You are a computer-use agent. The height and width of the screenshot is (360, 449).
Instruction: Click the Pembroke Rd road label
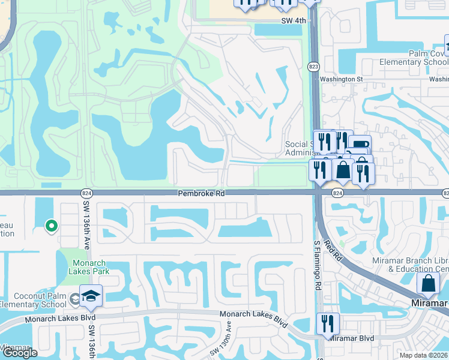[x=201, y=194]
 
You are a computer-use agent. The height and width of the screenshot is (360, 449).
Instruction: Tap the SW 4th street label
[x=294, y=20]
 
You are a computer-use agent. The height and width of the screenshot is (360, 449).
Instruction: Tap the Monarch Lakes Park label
[x=89, y=268]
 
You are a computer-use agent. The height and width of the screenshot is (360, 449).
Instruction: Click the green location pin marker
[x=52, y=226]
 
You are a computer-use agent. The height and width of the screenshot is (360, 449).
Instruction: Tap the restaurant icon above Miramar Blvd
[x=328, y=324]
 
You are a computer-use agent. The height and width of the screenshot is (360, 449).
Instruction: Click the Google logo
[x=20, y=353]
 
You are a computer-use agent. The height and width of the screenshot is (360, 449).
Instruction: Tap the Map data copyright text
[x=424, y=355]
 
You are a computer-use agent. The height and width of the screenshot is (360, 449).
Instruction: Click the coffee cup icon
[x=360, y=146]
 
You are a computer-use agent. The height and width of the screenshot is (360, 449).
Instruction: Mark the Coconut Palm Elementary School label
[x=33, y=299]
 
